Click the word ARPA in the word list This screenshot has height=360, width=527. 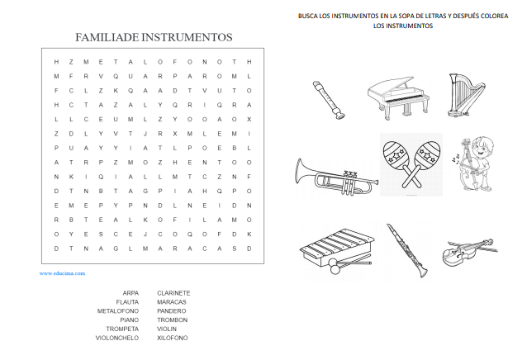coord(130,292)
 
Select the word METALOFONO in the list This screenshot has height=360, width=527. coord(117,310)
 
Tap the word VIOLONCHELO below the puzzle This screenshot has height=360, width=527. coord(116,338)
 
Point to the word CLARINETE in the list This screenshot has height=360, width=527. coord(173,292)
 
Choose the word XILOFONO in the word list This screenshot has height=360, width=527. coord(172,338)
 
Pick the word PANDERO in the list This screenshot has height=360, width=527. coord(171,310)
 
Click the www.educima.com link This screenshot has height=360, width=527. coord(62,272)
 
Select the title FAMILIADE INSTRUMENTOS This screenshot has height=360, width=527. coord(154,37)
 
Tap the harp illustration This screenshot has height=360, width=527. coord(463,92)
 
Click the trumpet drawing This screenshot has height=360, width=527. coord(335,176)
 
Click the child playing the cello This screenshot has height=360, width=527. coord(474,163)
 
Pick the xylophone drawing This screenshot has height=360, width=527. coord(333,249)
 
